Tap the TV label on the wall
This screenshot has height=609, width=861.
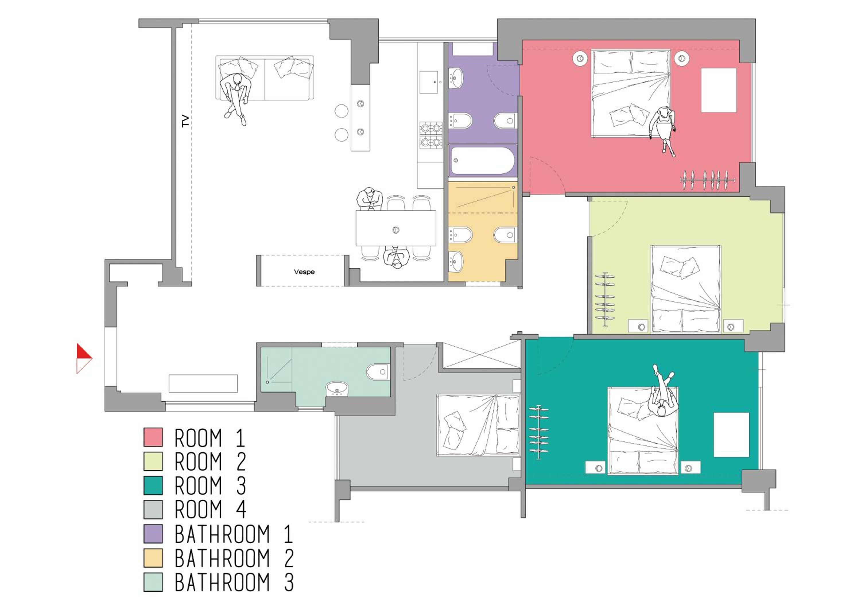(x=185, y=121)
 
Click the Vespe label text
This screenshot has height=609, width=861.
(x=304, y=271)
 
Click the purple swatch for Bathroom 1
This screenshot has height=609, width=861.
(x=153, y=533)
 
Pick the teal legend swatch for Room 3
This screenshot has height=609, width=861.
(x=153, y=485)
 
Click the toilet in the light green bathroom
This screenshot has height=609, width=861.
(x=378, y=372)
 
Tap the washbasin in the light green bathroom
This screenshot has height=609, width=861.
(x=337, y=389)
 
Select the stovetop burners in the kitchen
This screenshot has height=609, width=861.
(x=430, y=135)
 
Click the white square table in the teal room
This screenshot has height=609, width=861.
(x=731, y=435)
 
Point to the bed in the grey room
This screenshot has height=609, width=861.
(x=478, y=425)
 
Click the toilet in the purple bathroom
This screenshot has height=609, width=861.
(x=505, y=121)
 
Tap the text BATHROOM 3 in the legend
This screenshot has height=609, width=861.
(x=234, y=582)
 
